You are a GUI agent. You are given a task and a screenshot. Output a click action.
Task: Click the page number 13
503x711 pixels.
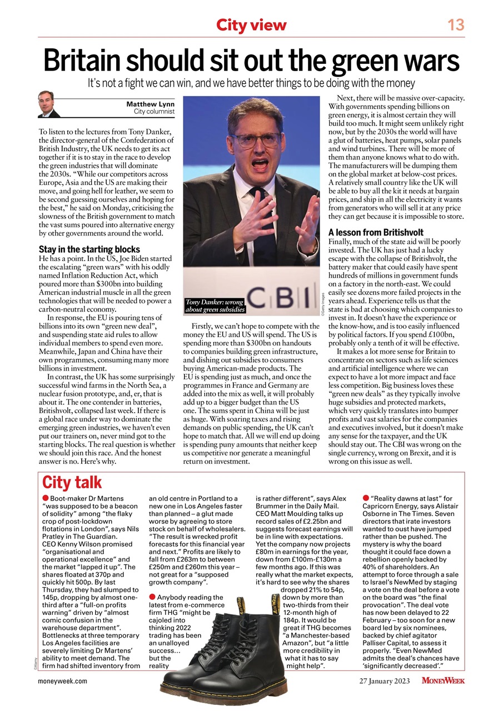point(456,24)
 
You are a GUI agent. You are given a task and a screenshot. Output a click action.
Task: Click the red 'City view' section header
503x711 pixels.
point(251,25)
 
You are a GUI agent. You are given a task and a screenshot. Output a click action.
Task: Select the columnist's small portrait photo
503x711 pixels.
point(49,104)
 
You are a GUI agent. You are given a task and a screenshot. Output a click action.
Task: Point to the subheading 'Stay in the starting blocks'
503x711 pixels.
point(89,249)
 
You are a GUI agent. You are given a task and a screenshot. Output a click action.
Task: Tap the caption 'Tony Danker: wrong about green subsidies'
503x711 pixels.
point(215,306)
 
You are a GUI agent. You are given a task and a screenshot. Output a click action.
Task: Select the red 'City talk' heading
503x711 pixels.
point(72,482)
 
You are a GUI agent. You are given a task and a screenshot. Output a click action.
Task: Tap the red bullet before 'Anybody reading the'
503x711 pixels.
point(152,597)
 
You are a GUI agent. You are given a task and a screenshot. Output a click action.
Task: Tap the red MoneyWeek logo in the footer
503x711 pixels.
point(443,680)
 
